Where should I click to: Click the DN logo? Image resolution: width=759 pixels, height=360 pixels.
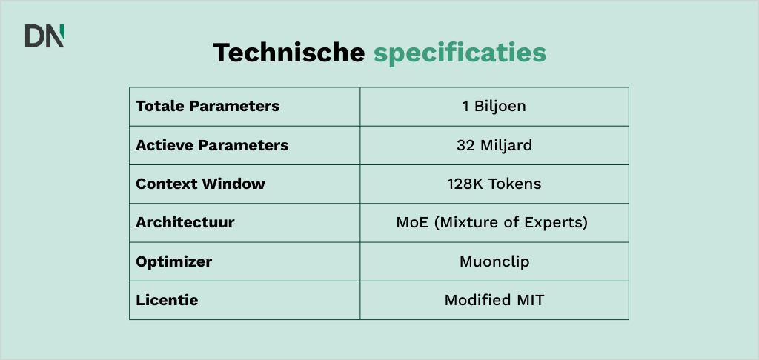(x=44, y=36)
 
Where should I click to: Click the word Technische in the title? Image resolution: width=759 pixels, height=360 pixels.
(x=289, y=53)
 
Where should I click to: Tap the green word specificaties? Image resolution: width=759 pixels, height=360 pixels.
(x=460, y=53)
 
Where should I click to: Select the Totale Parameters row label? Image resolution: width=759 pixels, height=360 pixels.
(x=208, y=106)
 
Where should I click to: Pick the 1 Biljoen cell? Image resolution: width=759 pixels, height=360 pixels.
(x=494, y=106)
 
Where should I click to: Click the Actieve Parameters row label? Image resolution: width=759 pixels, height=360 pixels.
(x=212, y=145)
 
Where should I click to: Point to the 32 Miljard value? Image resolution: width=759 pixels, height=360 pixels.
(x=494, y=145)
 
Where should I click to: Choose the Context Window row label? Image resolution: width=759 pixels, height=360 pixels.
(x=200, y=184)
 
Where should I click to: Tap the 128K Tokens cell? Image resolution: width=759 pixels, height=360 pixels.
(x=494, y=184)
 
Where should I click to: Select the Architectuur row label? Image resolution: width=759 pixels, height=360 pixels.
(x=185, y=223)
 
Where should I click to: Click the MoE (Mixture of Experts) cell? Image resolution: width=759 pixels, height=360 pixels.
(x=494, y=223)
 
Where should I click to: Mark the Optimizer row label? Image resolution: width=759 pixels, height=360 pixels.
(x=174, y=261)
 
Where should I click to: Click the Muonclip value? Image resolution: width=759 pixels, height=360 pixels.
(x=494, y=261)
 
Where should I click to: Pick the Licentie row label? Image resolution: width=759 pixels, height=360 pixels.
(x=167, y=301)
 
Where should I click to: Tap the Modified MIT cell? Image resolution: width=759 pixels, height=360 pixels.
(x=494, y=301)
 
